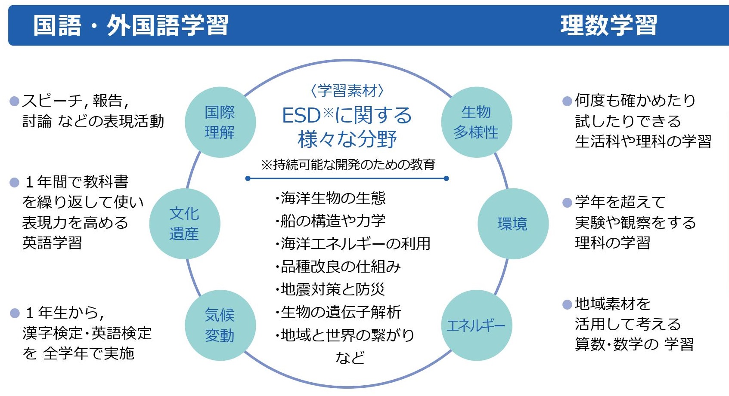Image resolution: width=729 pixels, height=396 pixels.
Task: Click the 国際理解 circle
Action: [220, 122]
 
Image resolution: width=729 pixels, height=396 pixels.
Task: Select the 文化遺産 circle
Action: [185, 224]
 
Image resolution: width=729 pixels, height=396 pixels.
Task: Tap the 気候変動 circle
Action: [220, 325]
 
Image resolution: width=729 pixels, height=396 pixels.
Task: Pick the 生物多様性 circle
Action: [476, 122]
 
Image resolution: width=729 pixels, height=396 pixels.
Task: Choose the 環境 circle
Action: [513, 224]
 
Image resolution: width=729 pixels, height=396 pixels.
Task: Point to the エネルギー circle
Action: [476, 325]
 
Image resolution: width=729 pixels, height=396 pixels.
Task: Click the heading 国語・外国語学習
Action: [130, 25]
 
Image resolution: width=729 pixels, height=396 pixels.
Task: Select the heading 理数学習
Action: [608, 25]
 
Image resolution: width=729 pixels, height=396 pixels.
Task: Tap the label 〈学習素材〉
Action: [347, 90]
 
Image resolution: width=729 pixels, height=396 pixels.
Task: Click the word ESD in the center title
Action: [301, 115]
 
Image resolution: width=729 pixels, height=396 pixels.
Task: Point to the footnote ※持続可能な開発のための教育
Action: [348, 164]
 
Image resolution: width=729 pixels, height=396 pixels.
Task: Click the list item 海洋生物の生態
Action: [331, 198]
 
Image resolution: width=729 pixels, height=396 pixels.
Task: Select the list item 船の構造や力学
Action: [331, 221]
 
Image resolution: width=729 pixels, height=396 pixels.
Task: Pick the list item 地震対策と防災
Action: [331, 289]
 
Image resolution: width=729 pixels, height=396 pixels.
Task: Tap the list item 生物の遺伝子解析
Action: [338, 312]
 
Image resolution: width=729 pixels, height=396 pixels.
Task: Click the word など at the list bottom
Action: [350, 357]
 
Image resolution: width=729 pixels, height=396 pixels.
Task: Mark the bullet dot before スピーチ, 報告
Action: [15, 101]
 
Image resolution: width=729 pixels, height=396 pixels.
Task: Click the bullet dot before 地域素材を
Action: [567, 304]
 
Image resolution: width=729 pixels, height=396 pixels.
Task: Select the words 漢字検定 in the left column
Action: [53, 333]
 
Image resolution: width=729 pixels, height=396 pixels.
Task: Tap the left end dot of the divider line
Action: [248, 178]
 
